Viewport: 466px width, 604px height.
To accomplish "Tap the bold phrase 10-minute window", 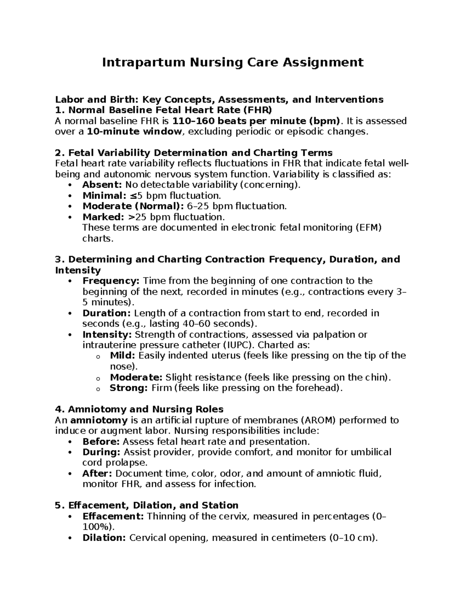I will click(134, 131).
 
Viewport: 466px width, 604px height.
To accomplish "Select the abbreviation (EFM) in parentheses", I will click(368, 228).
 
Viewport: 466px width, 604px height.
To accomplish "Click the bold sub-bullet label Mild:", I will click(123, 355).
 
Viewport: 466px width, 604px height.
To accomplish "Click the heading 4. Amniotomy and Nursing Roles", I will click(139, 409).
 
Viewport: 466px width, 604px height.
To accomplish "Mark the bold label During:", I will click(101, 452).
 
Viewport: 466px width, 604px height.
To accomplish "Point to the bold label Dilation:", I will click(104, 538).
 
